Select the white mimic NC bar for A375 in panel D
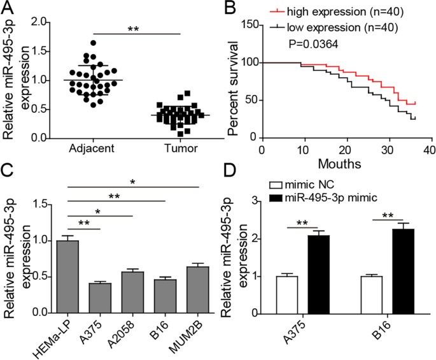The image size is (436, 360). click(287, 294)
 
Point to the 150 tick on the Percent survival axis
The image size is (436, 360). click(248, 24)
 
